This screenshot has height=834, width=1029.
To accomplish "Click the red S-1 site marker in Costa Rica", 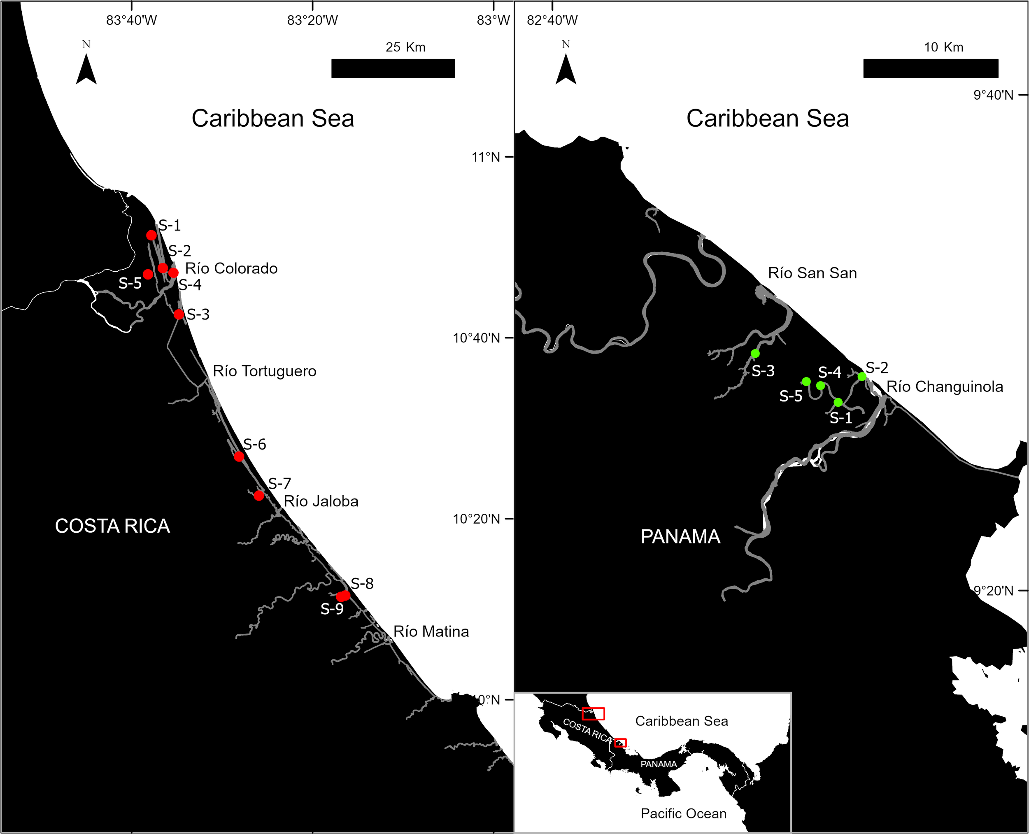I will (151, 235).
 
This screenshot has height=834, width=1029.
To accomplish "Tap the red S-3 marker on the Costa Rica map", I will (179, 314).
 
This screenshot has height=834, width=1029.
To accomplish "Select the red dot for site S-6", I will (239, 457).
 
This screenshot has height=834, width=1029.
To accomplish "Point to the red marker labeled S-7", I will (259, 495).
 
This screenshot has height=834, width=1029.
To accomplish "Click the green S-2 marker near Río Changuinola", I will (862, 376).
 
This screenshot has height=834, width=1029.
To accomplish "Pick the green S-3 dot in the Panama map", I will (755, 354).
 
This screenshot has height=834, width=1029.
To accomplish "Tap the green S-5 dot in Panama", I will (806, 382).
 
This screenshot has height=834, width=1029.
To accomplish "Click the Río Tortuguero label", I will (265, 371).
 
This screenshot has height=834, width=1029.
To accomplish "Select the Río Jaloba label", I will (321, 501).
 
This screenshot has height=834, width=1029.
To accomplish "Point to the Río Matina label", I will (431, 632).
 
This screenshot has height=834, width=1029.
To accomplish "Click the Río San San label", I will (812, 273).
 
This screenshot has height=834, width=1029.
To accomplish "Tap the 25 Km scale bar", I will (393, 68).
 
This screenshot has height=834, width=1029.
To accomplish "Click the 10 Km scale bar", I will (931, 68).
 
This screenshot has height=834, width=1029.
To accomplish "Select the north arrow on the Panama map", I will (566, 67).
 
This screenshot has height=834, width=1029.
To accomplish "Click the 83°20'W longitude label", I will (313, 21).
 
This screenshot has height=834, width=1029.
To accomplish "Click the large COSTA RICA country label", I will (112, 526).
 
